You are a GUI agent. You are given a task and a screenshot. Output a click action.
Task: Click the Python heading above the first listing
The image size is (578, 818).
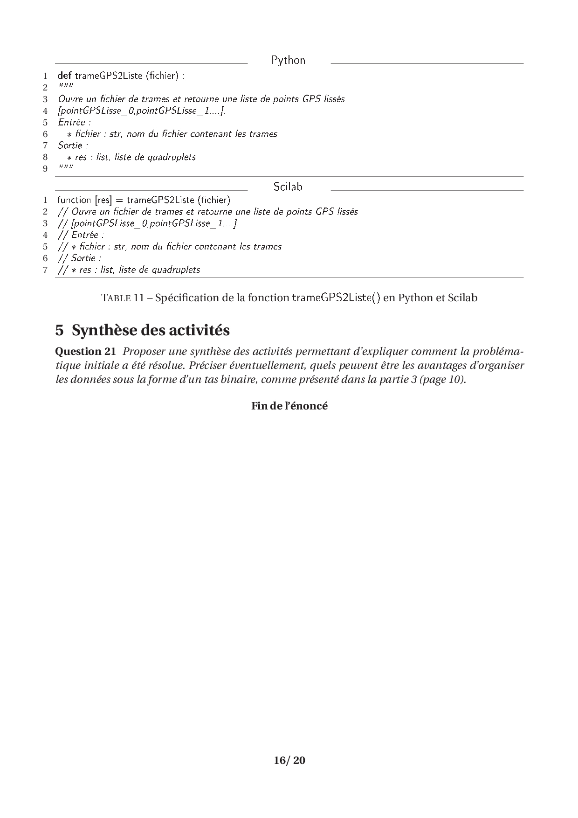(x=288, y=61)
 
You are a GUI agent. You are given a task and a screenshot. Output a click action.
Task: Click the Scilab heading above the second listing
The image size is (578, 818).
(x=288, y=187)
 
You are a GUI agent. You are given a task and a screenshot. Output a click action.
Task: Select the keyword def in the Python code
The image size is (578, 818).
(x=65, y=76)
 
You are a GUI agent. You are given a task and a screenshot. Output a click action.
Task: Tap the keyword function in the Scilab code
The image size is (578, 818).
(x=74, y=200)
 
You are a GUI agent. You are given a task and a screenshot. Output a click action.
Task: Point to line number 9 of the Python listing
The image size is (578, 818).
(x=45, y=169)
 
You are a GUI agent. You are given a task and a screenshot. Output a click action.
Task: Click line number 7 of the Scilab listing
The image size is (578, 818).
(x=45, y=270)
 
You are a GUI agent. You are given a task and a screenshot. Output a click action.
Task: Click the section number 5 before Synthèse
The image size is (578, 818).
(x=59, y=331)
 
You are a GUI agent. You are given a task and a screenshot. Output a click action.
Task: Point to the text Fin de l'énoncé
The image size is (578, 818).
(x=289, y=406)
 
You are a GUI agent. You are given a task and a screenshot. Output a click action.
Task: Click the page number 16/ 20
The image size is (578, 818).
(x=289, y=761)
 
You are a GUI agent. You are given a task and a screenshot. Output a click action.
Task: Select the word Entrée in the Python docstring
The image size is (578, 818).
(x=71, y=122)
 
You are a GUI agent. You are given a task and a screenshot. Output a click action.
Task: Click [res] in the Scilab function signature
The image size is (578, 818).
(x=103, y=200)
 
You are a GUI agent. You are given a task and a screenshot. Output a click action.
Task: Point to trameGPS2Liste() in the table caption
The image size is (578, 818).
(x=336, y=298)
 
